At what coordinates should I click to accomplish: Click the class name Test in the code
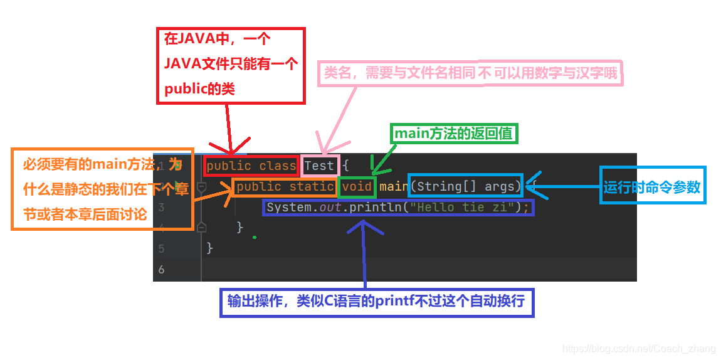(x=319, y=166)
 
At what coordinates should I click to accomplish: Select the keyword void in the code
(x=357, y=186)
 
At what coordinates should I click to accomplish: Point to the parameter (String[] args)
(x=465, y=186)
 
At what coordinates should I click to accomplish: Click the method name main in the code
(x=394, y=186)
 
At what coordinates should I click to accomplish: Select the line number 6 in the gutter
(x=162, y=269)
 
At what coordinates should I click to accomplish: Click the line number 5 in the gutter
(x=162, y=248)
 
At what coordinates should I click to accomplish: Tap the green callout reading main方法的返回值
(x=455, y=134)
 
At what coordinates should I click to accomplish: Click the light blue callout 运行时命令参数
(x=652, y=187)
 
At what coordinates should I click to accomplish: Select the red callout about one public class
(x=230, y=65)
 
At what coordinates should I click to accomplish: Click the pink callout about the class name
(x=470, y=74)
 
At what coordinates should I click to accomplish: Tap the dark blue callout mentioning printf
(x=376, y=302)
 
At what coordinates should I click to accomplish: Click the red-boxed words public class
(x=251, y=166)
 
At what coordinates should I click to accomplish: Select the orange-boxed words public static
(x=285, y=186)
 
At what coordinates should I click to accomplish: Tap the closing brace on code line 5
(x=210, y=248)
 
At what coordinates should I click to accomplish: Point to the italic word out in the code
(x=330, y=207)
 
